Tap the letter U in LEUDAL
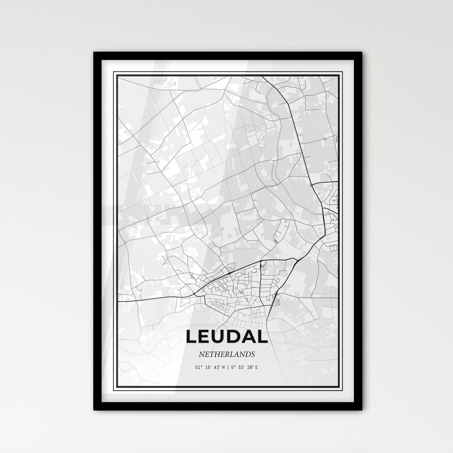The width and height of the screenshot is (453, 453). [x=220, y=336]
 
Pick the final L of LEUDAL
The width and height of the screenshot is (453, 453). [x=264, y=336]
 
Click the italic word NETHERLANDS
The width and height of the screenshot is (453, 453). [x=226, y=354]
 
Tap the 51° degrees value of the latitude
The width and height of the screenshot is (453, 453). [x=198, y=367]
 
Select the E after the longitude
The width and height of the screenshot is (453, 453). [x=256, y=367]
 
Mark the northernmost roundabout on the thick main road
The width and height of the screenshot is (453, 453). [x=311, y=185]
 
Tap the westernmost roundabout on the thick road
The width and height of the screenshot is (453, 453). [x=195, y=294]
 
